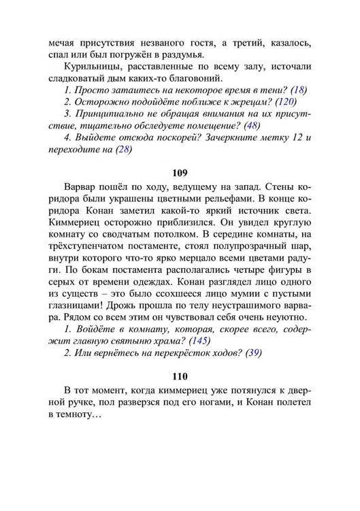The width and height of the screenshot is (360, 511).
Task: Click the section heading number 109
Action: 180,172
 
